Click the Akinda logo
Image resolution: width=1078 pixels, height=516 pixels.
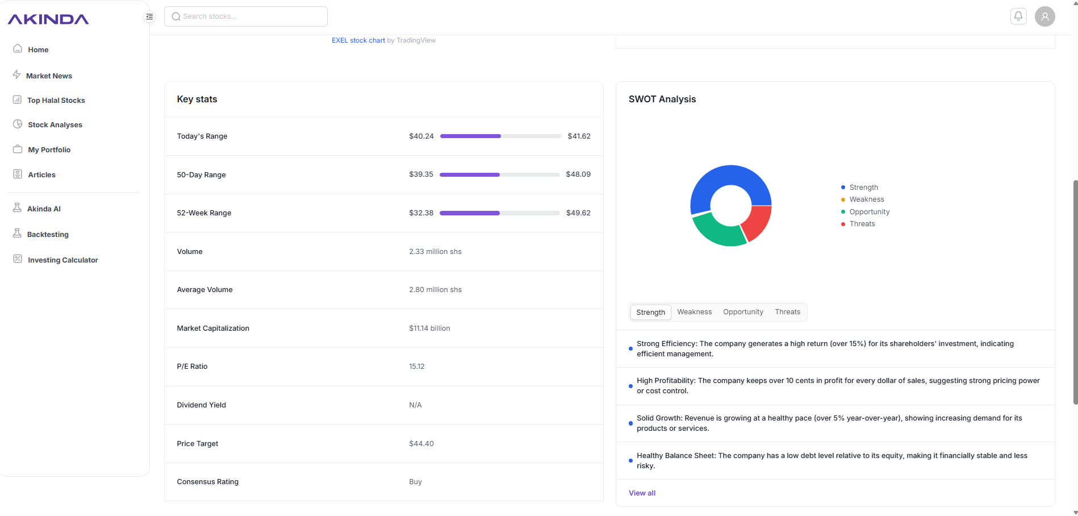coord(48,19)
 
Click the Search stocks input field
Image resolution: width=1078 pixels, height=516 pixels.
coord(245,16)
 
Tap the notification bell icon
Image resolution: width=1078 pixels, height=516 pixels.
coord(1018,16)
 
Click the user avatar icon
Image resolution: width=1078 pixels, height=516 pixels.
coord(1044,16)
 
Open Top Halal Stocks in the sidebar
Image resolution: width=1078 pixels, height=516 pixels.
coord(56,101)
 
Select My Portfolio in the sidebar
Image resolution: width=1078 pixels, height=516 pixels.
coord(49,150)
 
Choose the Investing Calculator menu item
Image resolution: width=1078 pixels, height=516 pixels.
coord(62,260)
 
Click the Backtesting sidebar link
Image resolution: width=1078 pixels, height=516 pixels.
coord(48,235)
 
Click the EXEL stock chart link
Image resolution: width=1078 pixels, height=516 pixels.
coord(358,40)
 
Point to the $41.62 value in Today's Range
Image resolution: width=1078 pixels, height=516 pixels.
coord(579,136)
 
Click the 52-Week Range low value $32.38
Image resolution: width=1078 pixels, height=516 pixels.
coord(421,213)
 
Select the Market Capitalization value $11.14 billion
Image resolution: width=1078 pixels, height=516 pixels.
coord(429,328)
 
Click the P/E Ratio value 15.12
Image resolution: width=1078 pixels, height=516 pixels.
coord(416,367)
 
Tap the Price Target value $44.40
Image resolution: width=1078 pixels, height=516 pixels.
coord(421,444)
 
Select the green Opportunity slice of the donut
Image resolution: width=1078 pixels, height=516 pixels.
coord(717,232)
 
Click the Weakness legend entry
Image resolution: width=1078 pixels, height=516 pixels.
coord(866,199)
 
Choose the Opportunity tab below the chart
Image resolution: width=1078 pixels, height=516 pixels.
coord(743,312)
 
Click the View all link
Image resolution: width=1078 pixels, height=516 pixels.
coord(642,493)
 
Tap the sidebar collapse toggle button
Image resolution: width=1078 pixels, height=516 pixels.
coord(149,16)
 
